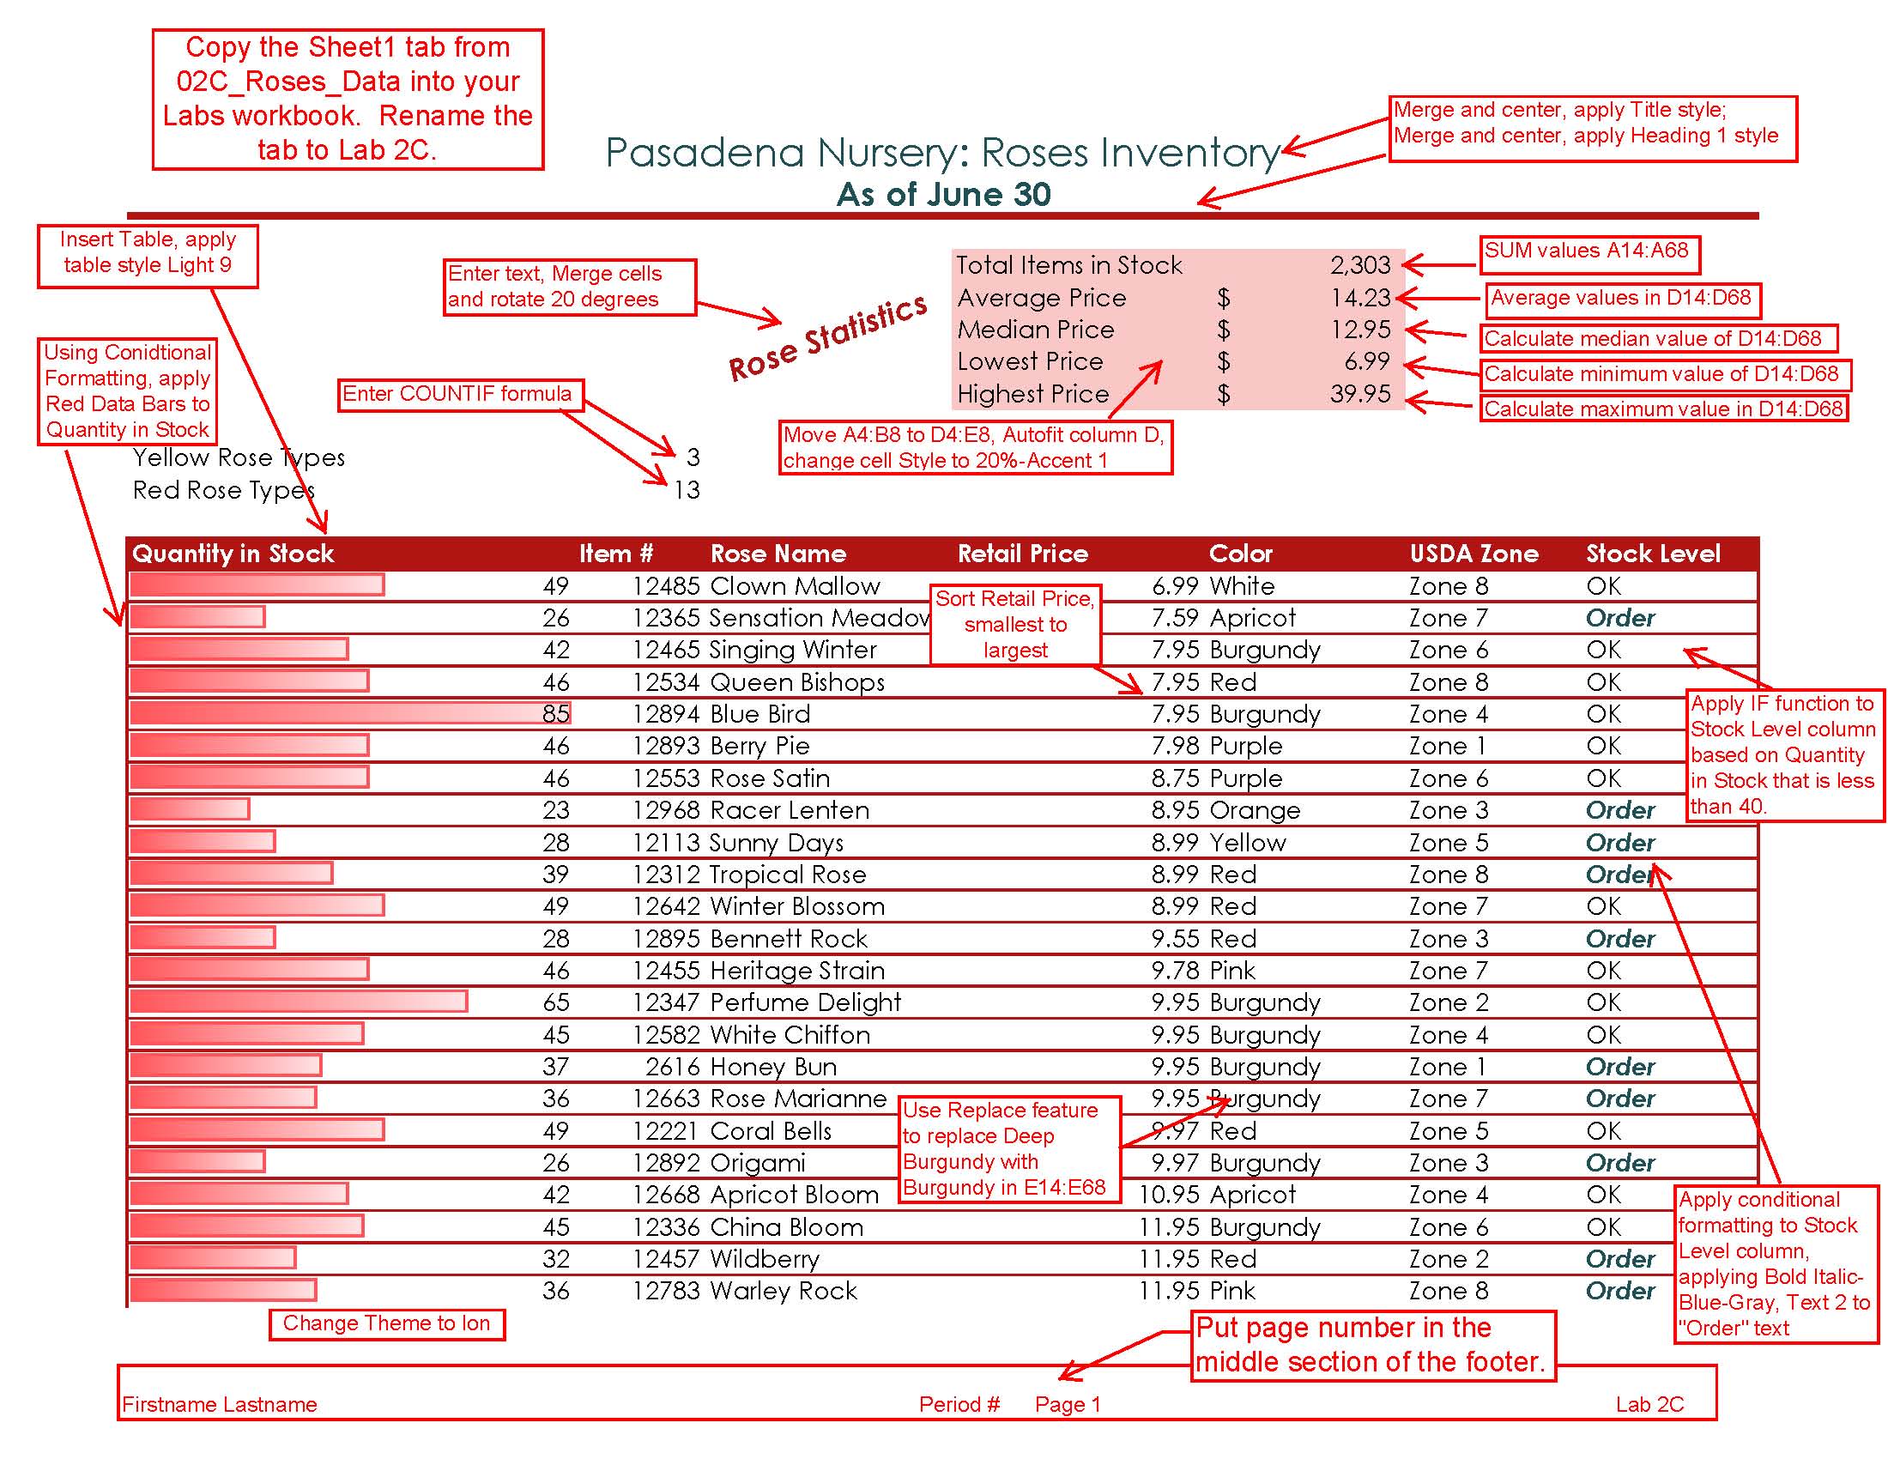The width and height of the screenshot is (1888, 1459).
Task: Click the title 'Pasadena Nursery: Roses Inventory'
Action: coord(942,154)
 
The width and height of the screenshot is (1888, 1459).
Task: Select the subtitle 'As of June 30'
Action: coord(944,195)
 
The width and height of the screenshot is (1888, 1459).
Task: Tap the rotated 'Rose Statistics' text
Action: coord(827,337)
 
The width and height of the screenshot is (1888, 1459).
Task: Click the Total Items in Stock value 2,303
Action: coord(1360,265)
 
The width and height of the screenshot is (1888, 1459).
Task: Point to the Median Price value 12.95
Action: coord(1361,330)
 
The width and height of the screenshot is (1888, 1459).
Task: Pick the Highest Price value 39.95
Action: coord(1361,394)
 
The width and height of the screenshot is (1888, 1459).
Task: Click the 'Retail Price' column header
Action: coord(1023,554)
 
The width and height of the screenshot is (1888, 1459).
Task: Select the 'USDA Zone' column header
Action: coord(1473,554)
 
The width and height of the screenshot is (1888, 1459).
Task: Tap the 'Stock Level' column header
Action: coord(1653,554)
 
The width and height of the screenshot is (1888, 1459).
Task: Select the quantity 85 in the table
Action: coord(556,714)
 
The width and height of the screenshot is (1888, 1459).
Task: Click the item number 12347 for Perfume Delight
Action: coord(666,1002)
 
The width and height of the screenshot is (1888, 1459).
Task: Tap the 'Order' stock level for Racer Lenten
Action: coord(1620,810)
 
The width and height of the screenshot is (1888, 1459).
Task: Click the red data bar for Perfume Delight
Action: coord(299,1002)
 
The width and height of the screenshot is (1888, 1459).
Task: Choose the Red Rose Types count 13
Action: coord(687,490)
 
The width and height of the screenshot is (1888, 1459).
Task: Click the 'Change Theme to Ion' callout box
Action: coord(386,1323)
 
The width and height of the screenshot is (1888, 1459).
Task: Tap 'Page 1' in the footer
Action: coord(1068,1405)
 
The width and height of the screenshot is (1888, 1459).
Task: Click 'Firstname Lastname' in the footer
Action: coord(220,1405)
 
